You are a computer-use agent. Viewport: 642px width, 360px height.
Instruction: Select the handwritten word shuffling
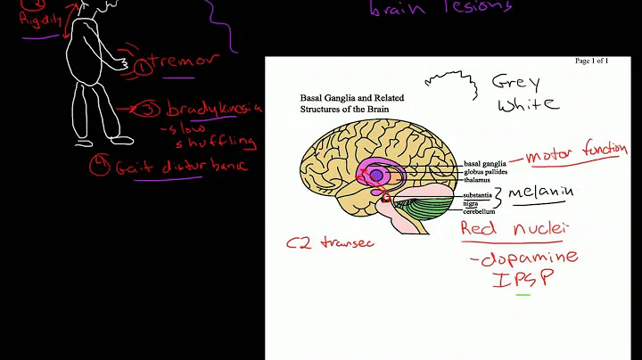222,143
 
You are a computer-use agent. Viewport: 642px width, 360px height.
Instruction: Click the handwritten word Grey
516,83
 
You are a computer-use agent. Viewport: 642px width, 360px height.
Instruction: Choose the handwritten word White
525,104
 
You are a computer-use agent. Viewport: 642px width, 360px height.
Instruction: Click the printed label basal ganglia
485,164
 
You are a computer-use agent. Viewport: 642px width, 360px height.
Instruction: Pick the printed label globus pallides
489,172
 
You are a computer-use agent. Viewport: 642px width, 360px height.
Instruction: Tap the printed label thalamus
479,179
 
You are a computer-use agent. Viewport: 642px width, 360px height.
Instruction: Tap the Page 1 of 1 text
592,61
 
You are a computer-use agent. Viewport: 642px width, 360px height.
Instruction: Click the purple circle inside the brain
376,176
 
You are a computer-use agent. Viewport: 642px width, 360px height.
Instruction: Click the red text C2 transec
328,241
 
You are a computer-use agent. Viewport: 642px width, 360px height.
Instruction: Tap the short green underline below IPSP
523,293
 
